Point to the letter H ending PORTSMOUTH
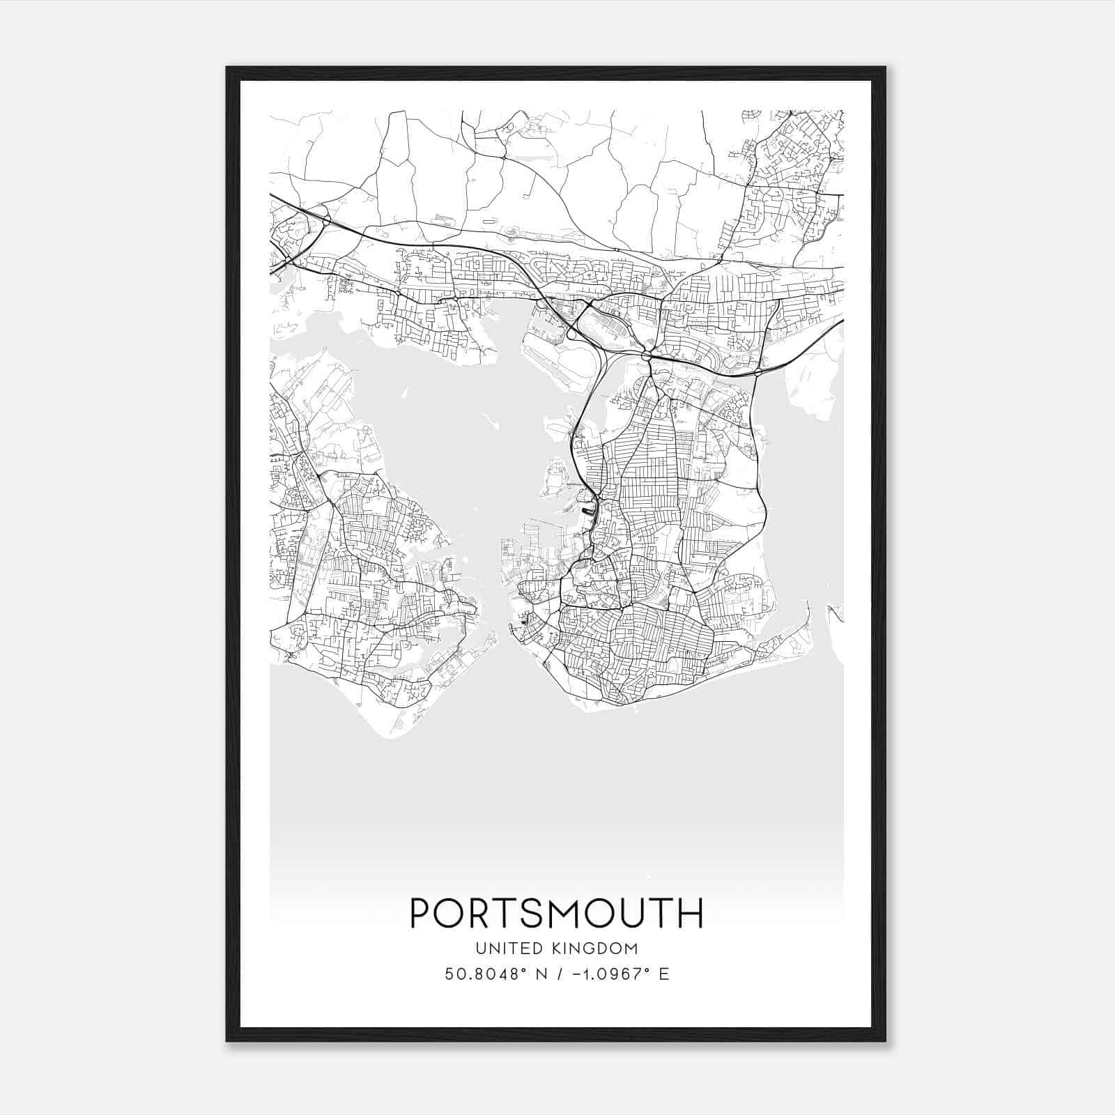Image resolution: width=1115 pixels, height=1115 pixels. [x=690, y=914]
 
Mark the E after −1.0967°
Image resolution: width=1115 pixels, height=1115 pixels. [x=663, y=974]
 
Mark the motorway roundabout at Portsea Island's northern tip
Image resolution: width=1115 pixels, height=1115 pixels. [x=647, y=356]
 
